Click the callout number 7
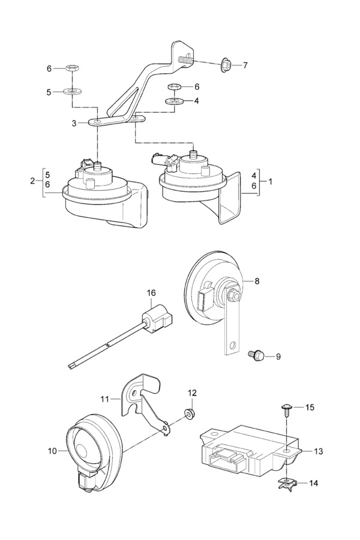pos(244,65)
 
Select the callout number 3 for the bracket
pos(74,123)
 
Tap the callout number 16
pos(151,293)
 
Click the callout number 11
pos(105,397)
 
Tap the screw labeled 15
pos(286,410)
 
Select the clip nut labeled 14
pos(288,482)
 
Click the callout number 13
pos(318,451)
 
